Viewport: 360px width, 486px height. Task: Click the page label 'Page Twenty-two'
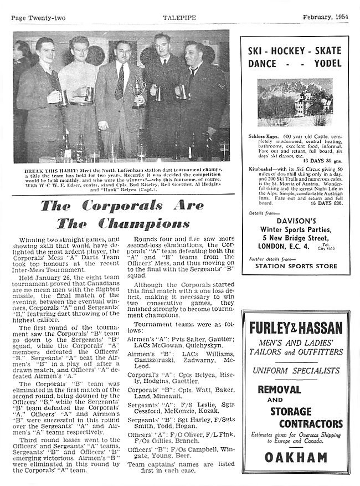pyautogui.click(x=35, y=17)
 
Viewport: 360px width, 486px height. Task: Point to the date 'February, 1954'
pyautogui.click(x=325, y=17)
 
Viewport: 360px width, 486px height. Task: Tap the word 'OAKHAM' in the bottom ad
pyautogui.click(x=295, y=458)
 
